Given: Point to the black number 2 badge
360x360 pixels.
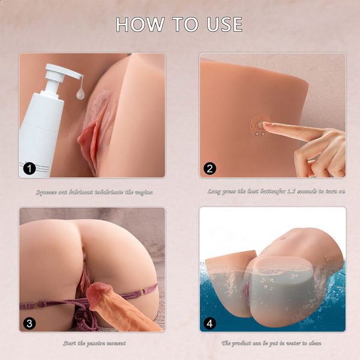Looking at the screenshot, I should tap(210, 168).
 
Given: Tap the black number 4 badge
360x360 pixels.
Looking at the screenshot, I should tap(210, 323).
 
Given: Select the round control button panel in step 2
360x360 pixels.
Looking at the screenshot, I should tap(258, 127).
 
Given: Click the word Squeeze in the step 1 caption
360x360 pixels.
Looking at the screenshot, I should tap(47, 192).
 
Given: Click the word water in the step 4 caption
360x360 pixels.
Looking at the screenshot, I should tap(292, 343).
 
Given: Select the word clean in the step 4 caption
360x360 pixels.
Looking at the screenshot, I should tap(314, 343).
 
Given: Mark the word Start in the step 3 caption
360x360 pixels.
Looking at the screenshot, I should tap(71, 343).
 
